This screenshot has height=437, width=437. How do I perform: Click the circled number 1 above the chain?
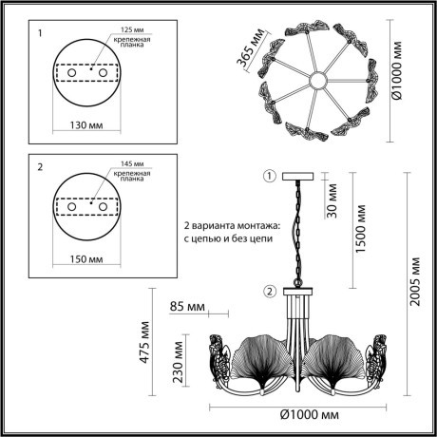coord(269,176)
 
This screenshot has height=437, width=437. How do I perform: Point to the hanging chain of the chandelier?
coord(297,233)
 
